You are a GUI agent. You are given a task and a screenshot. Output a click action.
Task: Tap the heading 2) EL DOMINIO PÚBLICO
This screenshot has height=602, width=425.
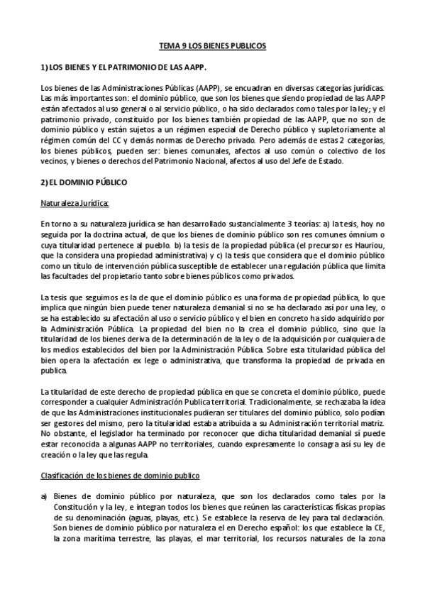coord(84,182)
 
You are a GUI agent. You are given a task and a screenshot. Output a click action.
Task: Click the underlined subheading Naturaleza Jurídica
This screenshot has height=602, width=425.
coord(74,203)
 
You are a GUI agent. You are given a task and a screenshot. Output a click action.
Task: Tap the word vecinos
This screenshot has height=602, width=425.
coord(55,161)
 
